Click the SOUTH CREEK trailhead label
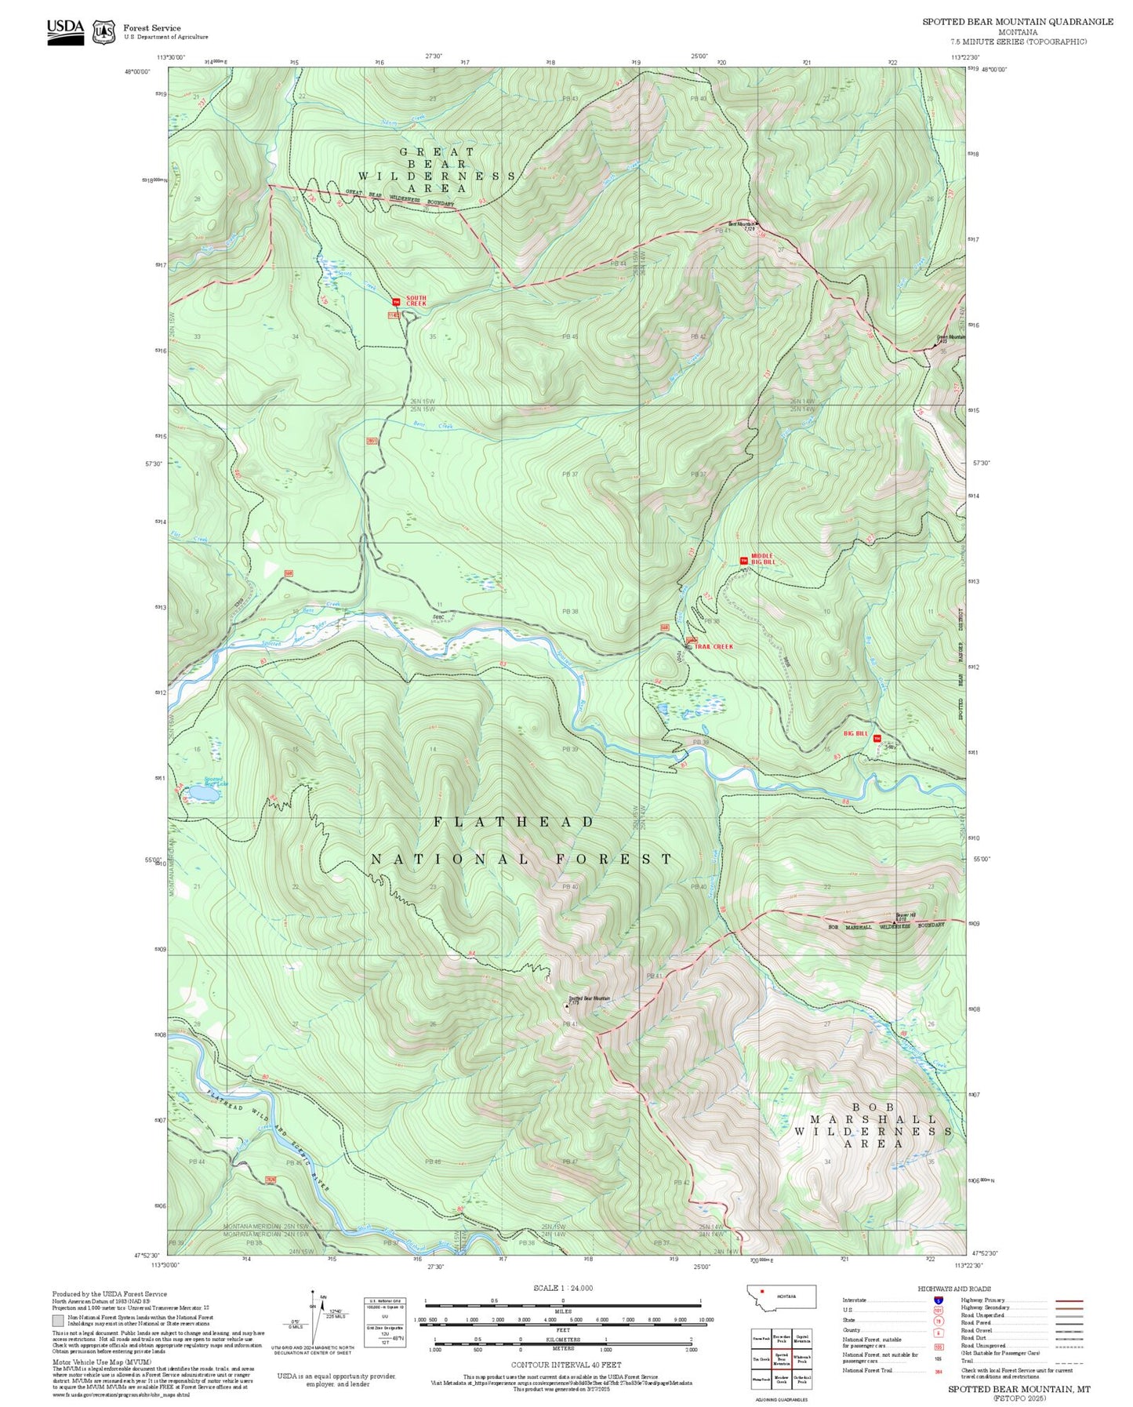click(416, 300)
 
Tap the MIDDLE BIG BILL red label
click(762, 559)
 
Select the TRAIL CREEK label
click(714, 646)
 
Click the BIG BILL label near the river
click(855, 733)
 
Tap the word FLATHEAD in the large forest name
click(514, 821)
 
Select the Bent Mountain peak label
click(743, 224)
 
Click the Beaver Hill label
click(906, 914)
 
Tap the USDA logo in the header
click(65, 31)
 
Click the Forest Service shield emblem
click(103, 31)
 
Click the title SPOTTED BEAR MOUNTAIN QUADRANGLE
click(1017, 22)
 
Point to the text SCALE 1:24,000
click(562, 1288)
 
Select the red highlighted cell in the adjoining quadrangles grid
click(781, 1358)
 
